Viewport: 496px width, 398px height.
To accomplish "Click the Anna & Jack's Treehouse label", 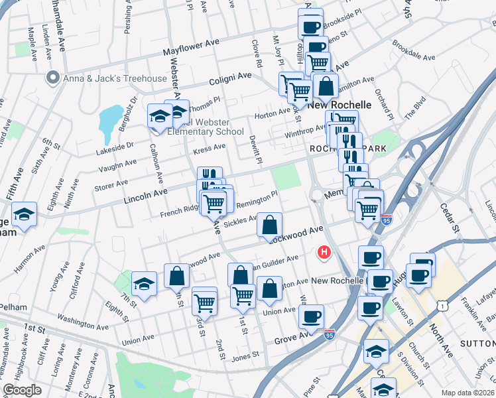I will [115, 78].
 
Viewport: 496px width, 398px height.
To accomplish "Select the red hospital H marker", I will [325, 252].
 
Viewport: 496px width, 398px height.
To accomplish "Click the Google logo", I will [23, 390].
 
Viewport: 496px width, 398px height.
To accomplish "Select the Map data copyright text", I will [468, 393].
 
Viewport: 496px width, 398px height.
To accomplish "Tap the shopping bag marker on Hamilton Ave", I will [326, 87].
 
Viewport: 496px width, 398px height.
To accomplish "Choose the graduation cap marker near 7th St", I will [144, 285].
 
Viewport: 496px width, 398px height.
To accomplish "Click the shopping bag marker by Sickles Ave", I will [269, 226].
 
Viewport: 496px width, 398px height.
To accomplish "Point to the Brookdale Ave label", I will [413, 52].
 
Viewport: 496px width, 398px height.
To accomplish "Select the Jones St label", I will [245, 355].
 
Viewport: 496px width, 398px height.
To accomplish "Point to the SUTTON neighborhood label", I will [479, 344].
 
